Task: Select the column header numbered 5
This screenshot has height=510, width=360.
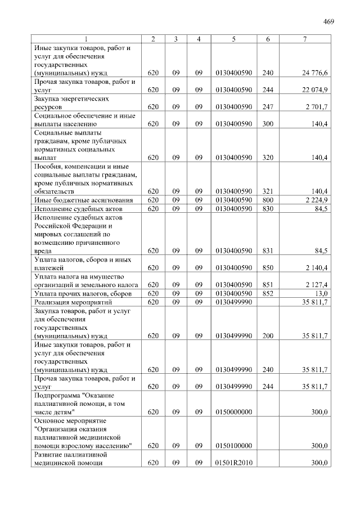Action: point(233,39)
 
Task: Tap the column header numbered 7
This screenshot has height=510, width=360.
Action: point(304,39)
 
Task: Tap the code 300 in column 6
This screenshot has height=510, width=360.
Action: point(267,123)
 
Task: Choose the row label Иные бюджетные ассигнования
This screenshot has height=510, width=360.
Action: point(83,200)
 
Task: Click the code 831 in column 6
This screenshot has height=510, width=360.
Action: point(267,250)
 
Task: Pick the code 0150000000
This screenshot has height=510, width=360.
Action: point(233,412)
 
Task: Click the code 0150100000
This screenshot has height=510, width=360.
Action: point(233,446)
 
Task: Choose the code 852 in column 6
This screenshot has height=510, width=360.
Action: point(267,293)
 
